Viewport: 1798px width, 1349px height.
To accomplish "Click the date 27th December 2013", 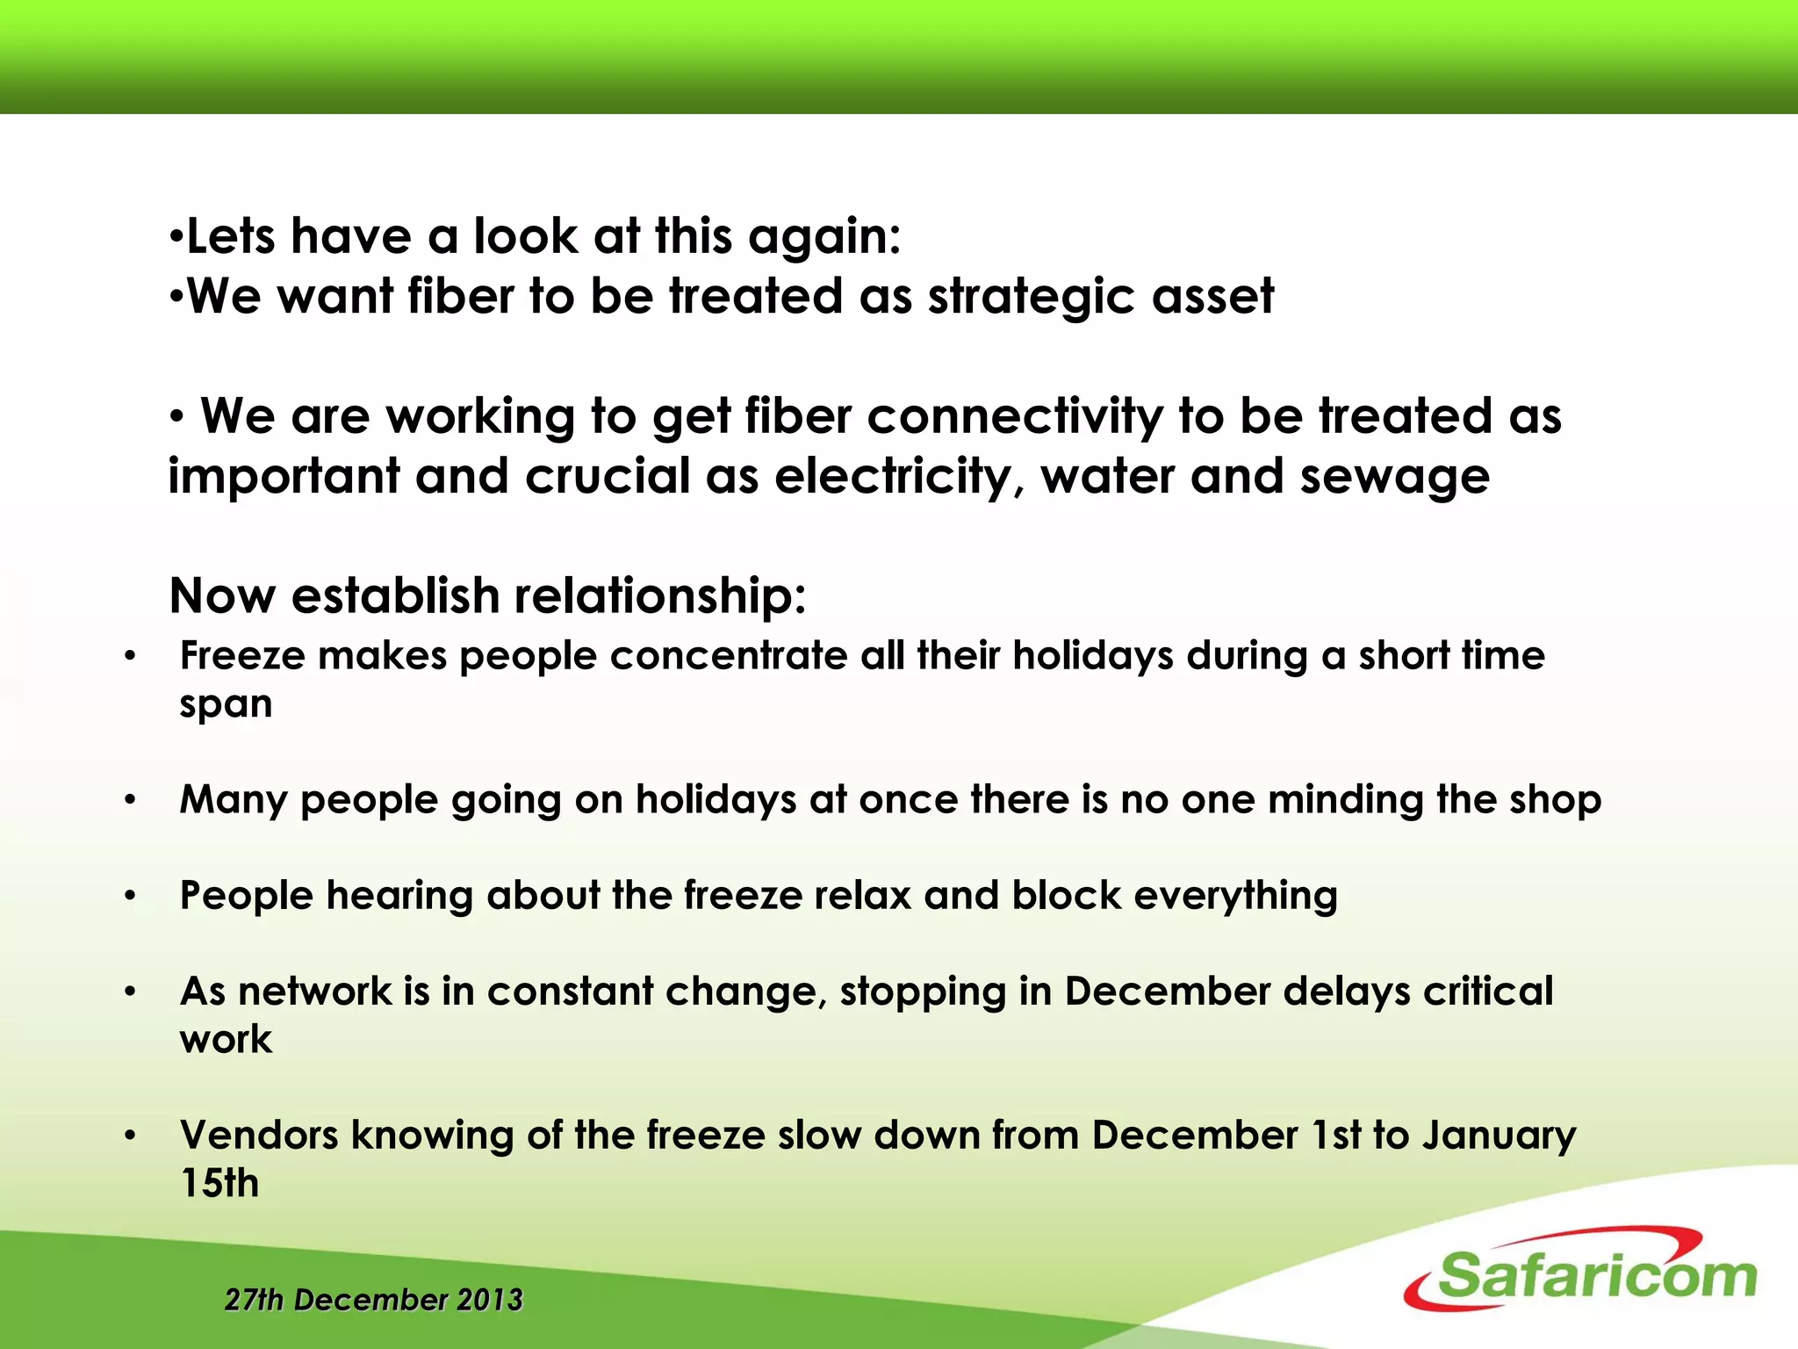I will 374,1300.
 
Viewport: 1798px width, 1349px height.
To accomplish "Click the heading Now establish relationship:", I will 487,596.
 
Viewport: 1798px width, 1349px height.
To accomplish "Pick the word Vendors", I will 259,1135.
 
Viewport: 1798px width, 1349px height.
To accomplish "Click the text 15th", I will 219,1183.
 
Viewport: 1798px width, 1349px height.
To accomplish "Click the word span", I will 226,705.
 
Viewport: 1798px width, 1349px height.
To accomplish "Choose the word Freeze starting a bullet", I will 242,656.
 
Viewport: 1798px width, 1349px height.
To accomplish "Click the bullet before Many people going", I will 130,800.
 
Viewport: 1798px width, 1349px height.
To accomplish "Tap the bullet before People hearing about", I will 130,896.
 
